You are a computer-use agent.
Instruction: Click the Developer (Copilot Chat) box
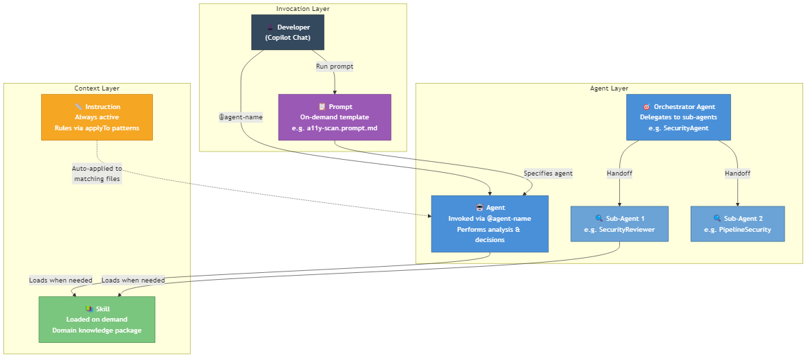287,32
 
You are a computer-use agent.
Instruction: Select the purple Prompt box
335,117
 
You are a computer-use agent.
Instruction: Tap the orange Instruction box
97,117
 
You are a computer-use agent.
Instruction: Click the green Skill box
97,320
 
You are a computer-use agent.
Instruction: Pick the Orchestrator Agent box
678,117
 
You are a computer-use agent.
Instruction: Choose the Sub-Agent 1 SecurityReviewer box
619,224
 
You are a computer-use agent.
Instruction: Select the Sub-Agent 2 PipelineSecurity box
737,224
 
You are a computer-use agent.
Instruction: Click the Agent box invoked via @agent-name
490,224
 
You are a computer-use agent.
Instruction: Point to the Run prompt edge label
335,67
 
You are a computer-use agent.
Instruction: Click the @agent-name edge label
241,117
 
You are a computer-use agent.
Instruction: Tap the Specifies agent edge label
548,173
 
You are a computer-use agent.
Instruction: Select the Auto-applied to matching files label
97,173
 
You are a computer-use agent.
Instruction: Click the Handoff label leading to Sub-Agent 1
619,173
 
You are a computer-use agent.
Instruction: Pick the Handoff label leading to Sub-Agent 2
737,173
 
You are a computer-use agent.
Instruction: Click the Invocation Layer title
302,9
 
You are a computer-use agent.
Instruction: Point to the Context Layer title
97,88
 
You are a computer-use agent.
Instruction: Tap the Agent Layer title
609,88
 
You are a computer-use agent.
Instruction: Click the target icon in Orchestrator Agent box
646,107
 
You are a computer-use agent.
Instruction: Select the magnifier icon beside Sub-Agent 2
717,219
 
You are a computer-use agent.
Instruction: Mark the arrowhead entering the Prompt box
335,92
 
